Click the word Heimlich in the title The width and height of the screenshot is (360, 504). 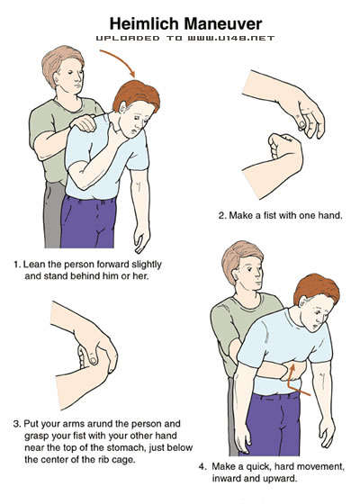[x=144, y=23]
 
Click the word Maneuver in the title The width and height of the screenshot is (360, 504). [x=223, y=23]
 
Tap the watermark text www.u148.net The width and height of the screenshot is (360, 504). [x=231, y=38]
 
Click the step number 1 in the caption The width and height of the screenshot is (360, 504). [x=16, y=265]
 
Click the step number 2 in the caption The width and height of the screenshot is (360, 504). [x=221, y=215]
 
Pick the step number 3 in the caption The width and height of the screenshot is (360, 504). [x=16, y=424]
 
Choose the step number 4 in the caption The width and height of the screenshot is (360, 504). [x=202, y=466]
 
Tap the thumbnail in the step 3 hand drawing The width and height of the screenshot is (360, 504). [x=93, y=360]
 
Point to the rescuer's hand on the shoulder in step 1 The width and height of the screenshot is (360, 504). [x=85, y=123]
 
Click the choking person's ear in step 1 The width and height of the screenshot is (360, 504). [x=123, y=107]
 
